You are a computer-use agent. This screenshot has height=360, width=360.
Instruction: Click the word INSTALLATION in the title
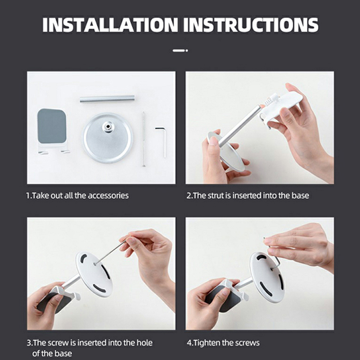(110, 25)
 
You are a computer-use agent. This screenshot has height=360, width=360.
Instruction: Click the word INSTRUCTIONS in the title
(251, 25)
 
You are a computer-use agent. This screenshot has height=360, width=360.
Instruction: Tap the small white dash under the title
(180, 50)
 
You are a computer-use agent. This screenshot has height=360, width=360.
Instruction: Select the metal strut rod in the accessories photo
(107, 99)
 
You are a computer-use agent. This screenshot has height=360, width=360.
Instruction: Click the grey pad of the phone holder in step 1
(52, 126)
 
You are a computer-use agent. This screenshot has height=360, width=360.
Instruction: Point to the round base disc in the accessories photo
(108, 138)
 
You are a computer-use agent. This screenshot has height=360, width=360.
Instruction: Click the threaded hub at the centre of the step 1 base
(108, 127)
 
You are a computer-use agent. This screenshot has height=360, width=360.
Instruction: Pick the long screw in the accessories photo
(144, 139)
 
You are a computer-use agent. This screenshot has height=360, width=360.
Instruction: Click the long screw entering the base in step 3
(110, 252)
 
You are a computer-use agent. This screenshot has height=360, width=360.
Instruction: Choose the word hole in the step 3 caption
(144, 343)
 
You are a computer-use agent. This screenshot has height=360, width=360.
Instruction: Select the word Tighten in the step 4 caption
(207, 343)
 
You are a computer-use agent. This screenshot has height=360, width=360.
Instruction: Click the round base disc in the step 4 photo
(267, 277)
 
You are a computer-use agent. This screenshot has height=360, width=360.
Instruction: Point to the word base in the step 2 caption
(300, 196)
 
